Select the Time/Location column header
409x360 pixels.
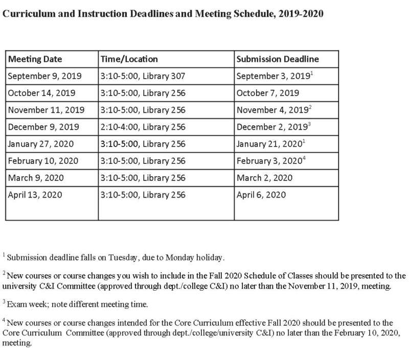[x=129, y=59]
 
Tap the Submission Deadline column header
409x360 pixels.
[x=278, y=59]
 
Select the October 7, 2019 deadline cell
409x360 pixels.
[x=268, y=93]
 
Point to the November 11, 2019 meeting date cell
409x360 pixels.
[x=46, y=110]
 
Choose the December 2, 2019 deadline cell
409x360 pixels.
[x=271, y=127]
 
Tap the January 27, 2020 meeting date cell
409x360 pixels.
[x=41, y=143]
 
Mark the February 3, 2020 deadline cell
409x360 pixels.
[x=269, y=161]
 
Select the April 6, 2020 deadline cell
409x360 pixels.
[x=261, y=195]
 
